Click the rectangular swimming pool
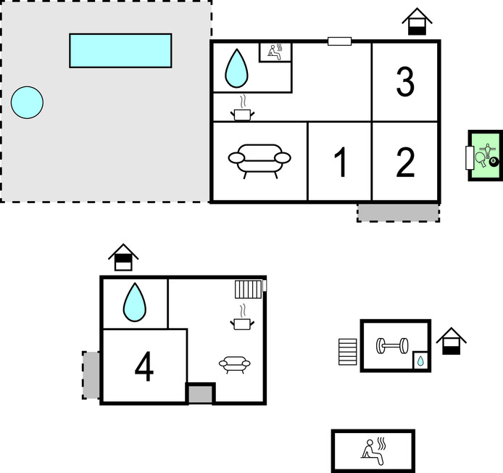pyautogui.click(x=120, y=50)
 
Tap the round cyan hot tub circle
pyautogui.click(x=28, y=102)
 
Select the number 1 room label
pyautogui.click(x=340, y=163)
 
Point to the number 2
pyautogui.click(x=405, y=163)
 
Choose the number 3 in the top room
pyautogui.click(x=405, y=82)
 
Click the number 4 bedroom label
pyautogui.click(x=144, y=368)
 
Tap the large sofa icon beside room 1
pyautogui.click(x=259, y=158)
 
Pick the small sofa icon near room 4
pyautogui.click(x=234, y=363)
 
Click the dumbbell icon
pyautogui.click(x=392, y=345)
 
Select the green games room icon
pyautogui.click(x=484, y=155)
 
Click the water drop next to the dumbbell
pyautogui.click(x=420, y=361)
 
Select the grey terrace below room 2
pyautogui.click(x=398, y=212)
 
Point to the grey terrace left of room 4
pyautogui.click(x=91, y=374)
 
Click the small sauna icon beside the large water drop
pyautogui.click(x=275, y=52)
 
